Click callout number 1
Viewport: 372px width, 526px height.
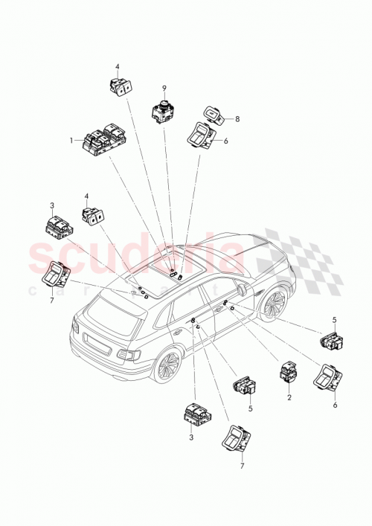pyautogui.click(x=72, y=139)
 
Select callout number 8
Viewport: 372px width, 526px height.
pyautogui.click(x=237, y=118)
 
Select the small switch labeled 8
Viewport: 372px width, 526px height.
pyautogui.click(x=214, y=115)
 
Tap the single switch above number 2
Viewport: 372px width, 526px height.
pyautogui.click(x=289, y=371)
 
